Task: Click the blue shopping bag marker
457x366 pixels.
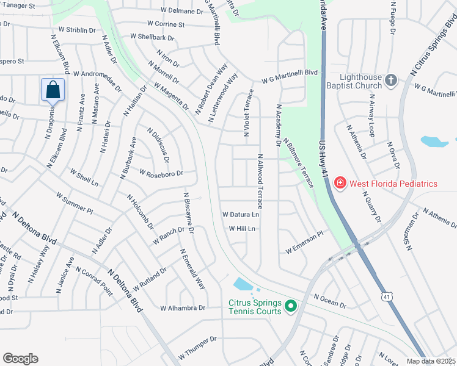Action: [53, 90]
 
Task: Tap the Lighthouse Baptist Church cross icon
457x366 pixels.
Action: [391, 80]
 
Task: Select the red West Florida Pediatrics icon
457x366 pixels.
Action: [339, 183]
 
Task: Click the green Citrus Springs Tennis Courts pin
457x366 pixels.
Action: [291, 306]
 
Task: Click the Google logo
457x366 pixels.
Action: [20, 358]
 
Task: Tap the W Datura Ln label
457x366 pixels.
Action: [241, 215]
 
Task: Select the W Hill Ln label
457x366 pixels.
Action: [241, 229]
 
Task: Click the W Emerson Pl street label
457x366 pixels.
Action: [304, 242]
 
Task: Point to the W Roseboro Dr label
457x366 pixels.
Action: [161, 173]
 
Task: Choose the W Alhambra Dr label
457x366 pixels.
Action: [183, 308]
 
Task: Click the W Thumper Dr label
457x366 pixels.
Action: [198, 347]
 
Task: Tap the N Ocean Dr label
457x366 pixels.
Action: [330, 300]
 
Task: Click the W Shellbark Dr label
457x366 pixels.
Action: [152, 37]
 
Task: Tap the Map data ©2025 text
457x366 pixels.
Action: [431, 361]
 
